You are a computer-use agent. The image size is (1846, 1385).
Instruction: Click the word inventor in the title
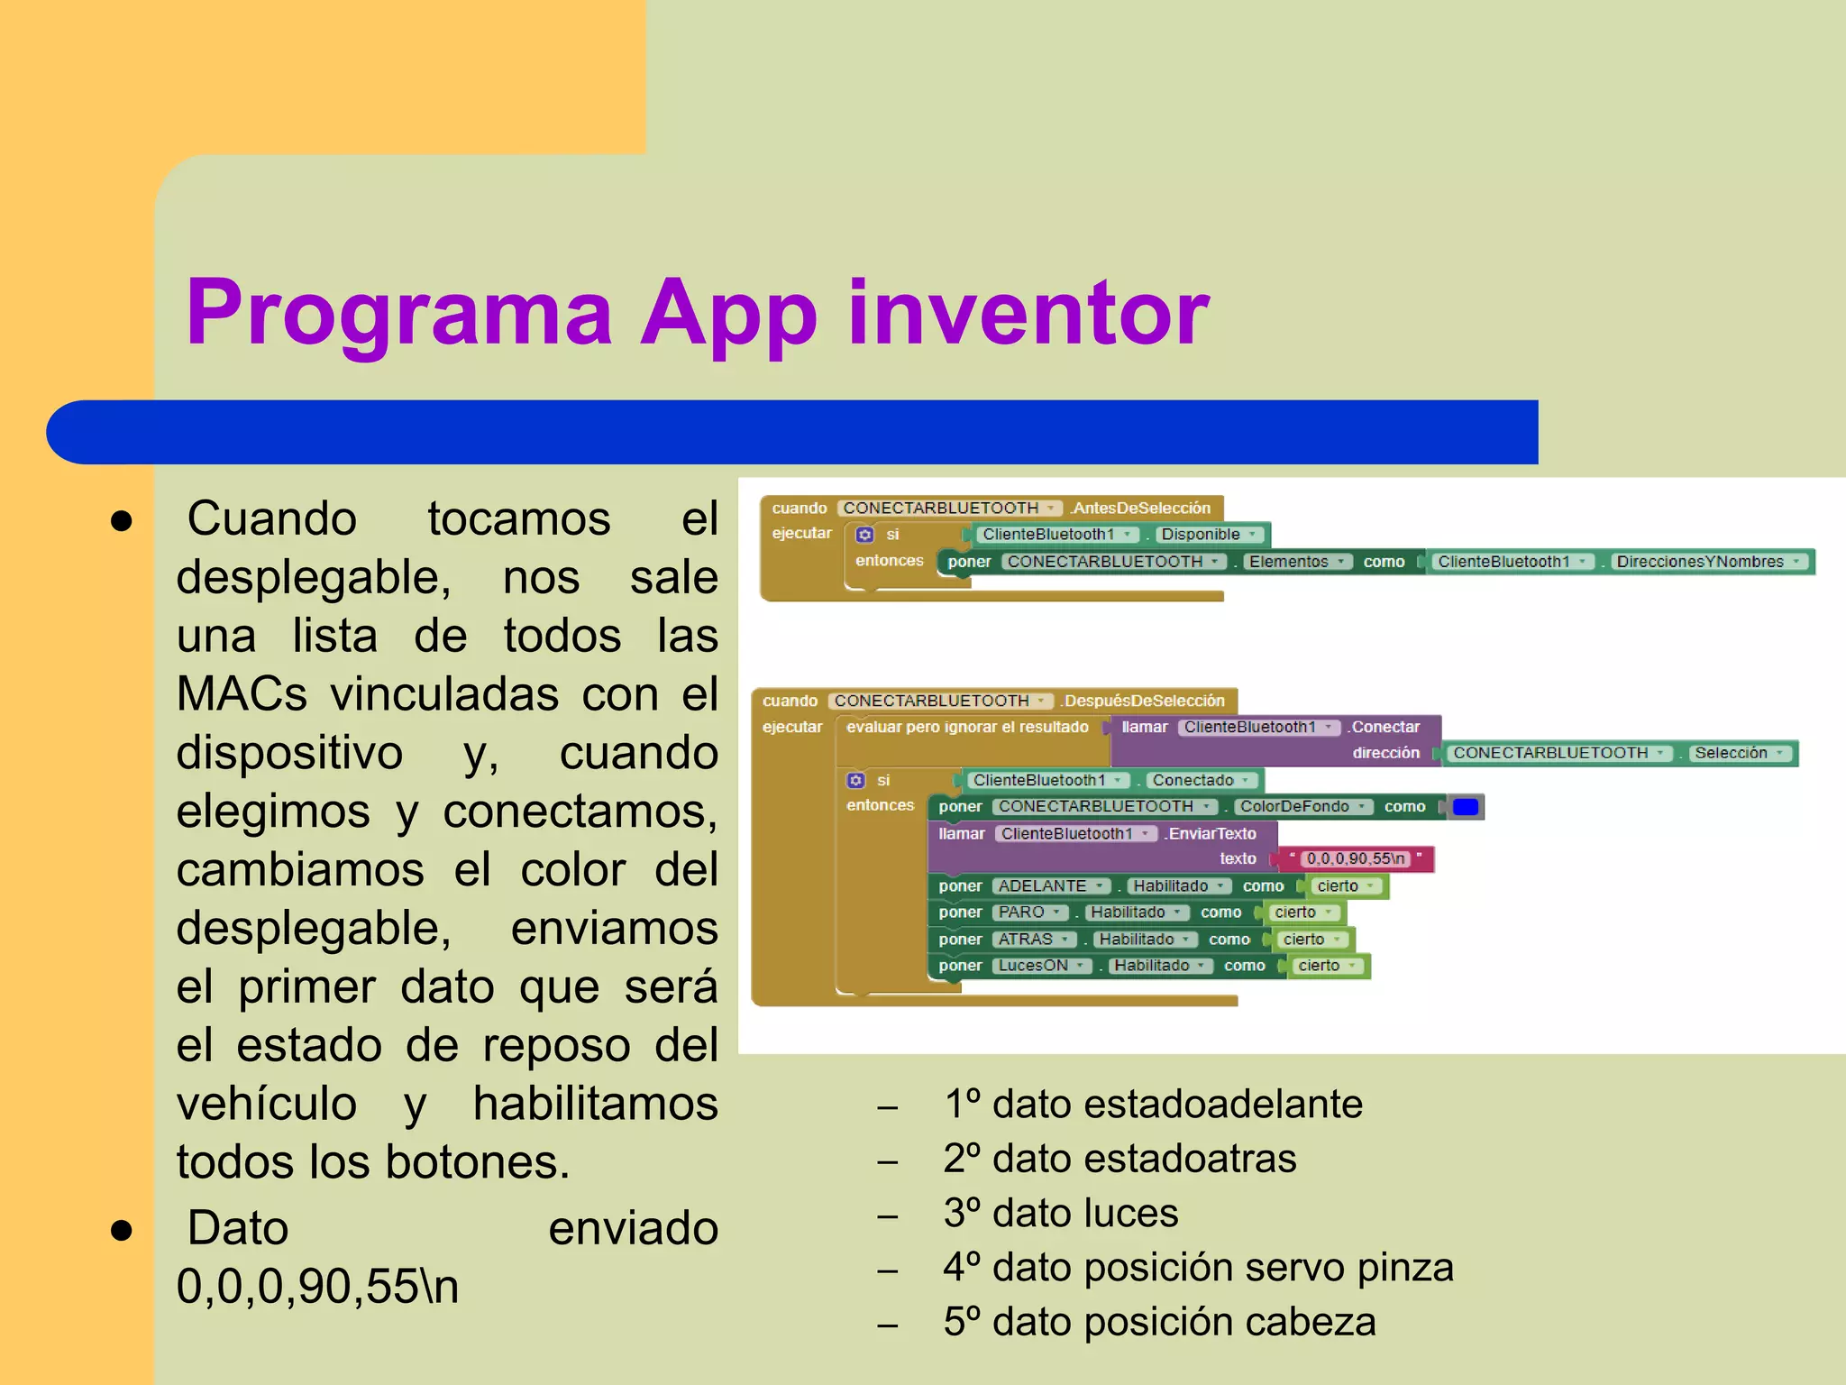1028,313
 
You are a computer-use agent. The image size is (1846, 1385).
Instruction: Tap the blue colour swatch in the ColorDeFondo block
1466,806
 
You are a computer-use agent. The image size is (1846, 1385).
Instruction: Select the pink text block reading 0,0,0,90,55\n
1356,858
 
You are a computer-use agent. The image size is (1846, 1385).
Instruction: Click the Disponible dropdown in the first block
1208,534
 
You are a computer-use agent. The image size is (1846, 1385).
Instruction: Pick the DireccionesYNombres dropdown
1707,561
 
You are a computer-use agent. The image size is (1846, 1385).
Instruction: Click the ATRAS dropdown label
1034,939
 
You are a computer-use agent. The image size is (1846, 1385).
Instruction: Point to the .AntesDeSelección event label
1140,508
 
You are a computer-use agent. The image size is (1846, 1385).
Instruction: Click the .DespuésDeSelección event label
1143,701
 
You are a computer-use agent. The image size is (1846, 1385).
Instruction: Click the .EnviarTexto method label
1210,833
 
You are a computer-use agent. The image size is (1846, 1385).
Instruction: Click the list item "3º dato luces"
1060,1213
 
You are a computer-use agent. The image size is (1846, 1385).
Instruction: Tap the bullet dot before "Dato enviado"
122,1229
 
